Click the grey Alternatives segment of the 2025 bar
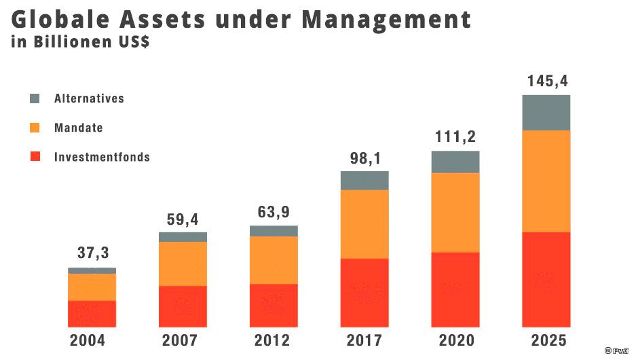pyautogui.click(x=546, y=112)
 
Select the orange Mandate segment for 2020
pyautogui.click(x=455, y=212)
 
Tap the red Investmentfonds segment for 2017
pyautogui.click(x=364, y=292)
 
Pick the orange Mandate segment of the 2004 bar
pyautogui.click(x=92, y=287)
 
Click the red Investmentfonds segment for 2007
pyautogui.click(x=183, y=306)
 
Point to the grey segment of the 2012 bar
pyautogui.click(x=274, y=231)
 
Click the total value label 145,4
pyautogui.click(x=547, y=82)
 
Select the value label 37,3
pyautogui.click(x=92, y=253)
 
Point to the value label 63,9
pyautogui.click(x=274, y=211)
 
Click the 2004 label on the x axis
pyautogui.click(x=88, y=340)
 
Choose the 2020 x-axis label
pyautogui.click(x=455, y=340)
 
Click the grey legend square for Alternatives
pyautogui.click(x=35, y=98)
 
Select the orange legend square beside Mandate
pyautogui.click(x=35, y=128)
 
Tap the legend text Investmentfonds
pyautogui.click(x=102, y=157)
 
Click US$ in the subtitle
pyautogui.click(x=133, y=41)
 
